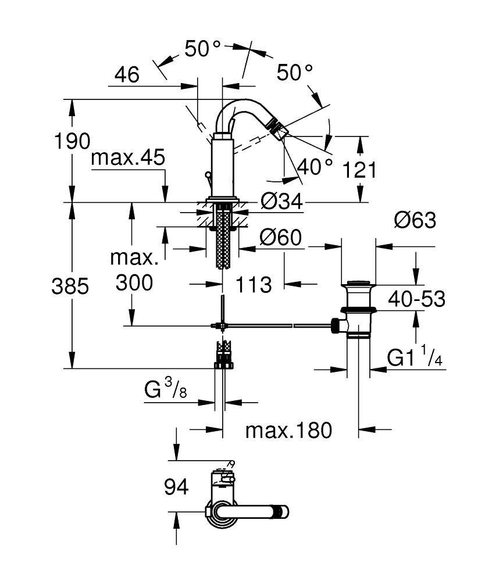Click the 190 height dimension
point(73,141)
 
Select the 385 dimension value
point(70,286)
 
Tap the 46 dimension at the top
point(127,75)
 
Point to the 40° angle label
point(314,168)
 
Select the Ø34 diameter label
point(281,202)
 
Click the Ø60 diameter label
point(281,238)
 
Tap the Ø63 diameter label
point(415,220)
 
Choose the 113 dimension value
point(254,285)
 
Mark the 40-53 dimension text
point(417,299)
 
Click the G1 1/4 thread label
point(415,358)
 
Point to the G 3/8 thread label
point(166,389)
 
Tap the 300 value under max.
point(134,283)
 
